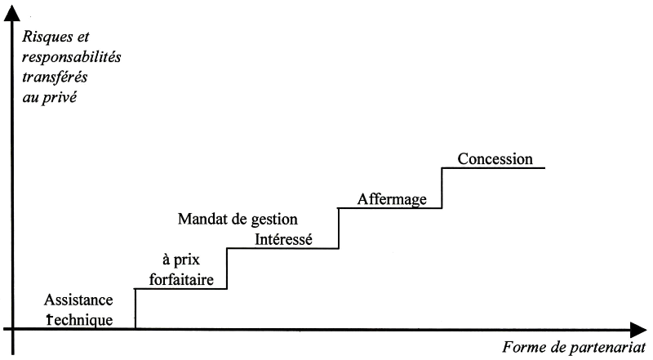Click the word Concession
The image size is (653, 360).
(495, 159)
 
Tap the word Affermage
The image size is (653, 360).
(393, 199)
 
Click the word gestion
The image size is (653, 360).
(273, 220)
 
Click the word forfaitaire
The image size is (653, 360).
(181, 280)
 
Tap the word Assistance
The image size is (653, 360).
(79, 300)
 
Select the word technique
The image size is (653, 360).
(80, 319)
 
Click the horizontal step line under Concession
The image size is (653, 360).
(493, 168)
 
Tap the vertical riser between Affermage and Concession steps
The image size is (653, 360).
(442, 188)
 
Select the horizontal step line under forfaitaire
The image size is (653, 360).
(180, 289)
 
